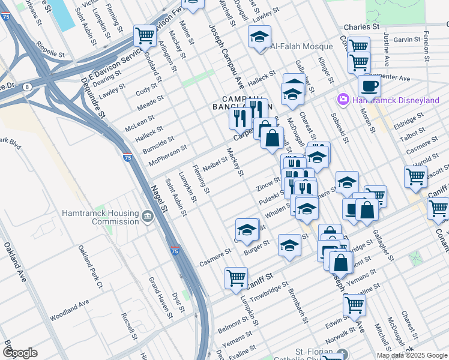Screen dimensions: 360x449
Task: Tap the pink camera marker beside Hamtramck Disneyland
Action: pos(343,99)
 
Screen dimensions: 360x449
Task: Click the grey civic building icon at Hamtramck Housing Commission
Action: pos(148,215)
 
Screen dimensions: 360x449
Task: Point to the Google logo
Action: pos(20,352)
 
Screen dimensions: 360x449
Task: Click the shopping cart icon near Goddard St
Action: pos(145,37)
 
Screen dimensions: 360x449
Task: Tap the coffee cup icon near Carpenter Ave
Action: pos(369,86)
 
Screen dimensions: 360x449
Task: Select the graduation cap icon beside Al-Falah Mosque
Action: pos(259,38)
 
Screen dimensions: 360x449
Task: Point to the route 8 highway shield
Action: pos(28,87)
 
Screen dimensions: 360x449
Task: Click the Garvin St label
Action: pos(406,39)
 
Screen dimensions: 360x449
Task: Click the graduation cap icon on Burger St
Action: pos(289,246)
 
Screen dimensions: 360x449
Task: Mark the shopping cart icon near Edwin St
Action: pos(354,305)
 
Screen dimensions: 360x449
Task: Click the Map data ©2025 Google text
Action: pos(411,355)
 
